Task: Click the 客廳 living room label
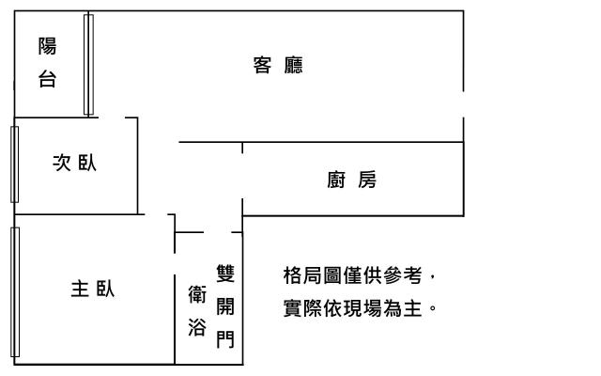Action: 278,66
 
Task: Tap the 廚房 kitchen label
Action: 352,180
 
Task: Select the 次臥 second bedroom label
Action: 74,164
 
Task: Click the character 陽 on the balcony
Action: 47,46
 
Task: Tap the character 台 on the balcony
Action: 47,80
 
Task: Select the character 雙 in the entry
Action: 225,274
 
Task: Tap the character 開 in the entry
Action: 225,306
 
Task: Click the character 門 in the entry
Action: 225,339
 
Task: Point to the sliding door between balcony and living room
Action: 88,64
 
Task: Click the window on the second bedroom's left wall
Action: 14,164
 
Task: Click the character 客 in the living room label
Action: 263,66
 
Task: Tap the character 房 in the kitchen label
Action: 367,180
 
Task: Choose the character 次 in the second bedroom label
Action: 61,164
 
